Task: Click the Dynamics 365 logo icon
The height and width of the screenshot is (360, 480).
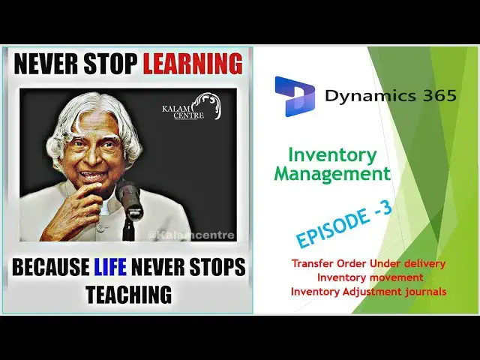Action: tap(294, 96)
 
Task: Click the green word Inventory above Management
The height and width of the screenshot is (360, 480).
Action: tap(332, 155)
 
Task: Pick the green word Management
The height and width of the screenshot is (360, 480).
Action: tap(332, 175)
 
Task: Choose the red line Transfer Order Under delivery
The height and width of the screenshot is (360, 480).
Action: tap(368, 264)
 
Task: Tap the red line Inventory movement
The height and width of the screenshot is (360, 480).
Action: tap(368, 277)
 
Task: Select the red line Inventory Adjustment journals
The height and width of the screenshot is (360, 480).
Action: tap(368, 291)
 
